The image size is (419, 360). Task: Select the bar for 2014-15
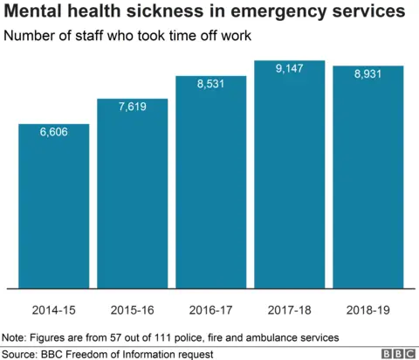click(x=53, y=210)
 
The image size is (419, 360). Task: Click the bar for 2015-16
click(x=132, y=197)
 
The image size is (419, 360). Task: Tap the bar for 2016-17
click(x=210, y=183)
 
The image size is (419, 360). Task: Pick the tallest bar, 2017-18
click(x=289, y=175)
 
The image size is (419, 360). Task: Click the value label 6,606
click(x=53, y=132)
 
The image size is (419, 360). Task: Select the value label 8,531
click(x=210, y=84)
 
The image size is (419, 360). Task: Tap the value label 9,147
click(x=289, y=69)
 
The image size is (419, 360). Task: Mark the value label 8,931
click(x=367, y=74)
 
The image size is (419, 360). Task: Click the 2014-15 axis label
click(x=53, y=310)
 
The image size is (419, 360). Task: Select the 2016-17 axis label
click(x=210, y=310)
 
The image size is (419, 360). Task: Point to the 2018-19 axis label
click(x=367, y=310)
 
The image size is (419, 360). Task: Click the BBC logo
click(x=396, y=352)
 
